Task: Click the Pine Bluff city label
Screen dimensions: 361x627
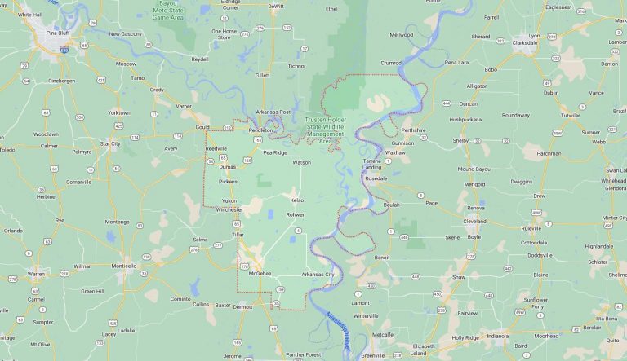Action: tap(57, 33)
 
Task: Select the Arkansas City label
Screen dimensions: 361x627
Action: tap(318, 275)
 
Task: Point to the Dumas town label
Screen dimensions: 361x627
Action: tap(227, 166)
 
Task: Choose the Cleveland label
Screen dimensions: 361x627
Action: tap(474, 221)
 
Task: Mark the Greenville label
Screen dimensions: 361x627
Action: tap(373, 355)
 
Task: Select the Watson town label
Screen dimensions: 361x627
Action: tap(301, 162)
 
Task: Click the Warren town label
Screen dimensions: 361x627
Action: tap(36, 274)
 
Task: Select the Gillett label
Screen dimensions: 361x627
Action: tap(262, 75)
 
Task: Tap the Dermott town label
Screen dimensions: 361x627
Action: tap(242, 307)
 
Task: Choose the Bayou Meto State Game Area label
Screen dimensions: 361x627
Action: tap(173, 10)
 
